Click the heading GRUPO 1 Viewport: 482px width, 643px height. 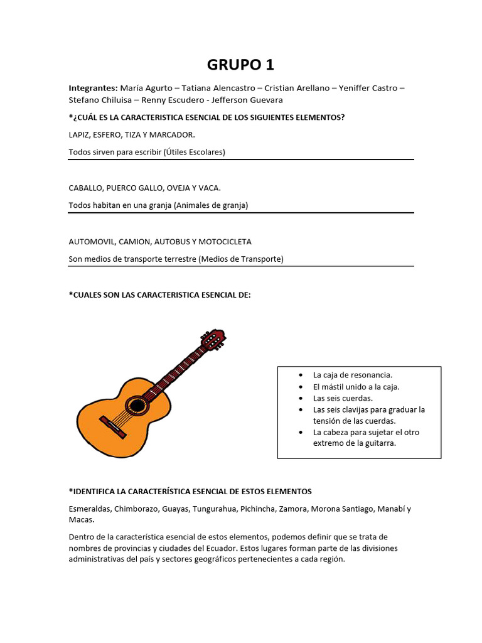[x=240, y=65]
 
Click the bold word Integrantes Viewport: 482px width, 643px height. [x=92, y=88]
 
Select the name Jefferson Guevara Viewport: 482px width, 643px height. [x=247, y=100]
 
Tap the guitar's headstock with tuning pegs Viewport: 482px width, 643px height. [x=213, y=340]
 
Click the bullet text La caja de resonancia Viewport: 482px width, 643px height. [x=352, y=375]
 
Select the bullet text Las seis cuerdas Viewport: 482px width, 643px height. [x=343, y=398]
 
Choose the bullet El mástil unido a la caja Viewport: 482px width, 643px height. [x=356, y=387]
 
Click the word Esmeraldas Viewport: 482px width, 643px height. [x=91, y=509]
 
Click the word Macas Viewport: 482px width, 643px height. [x=81, y=520]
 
